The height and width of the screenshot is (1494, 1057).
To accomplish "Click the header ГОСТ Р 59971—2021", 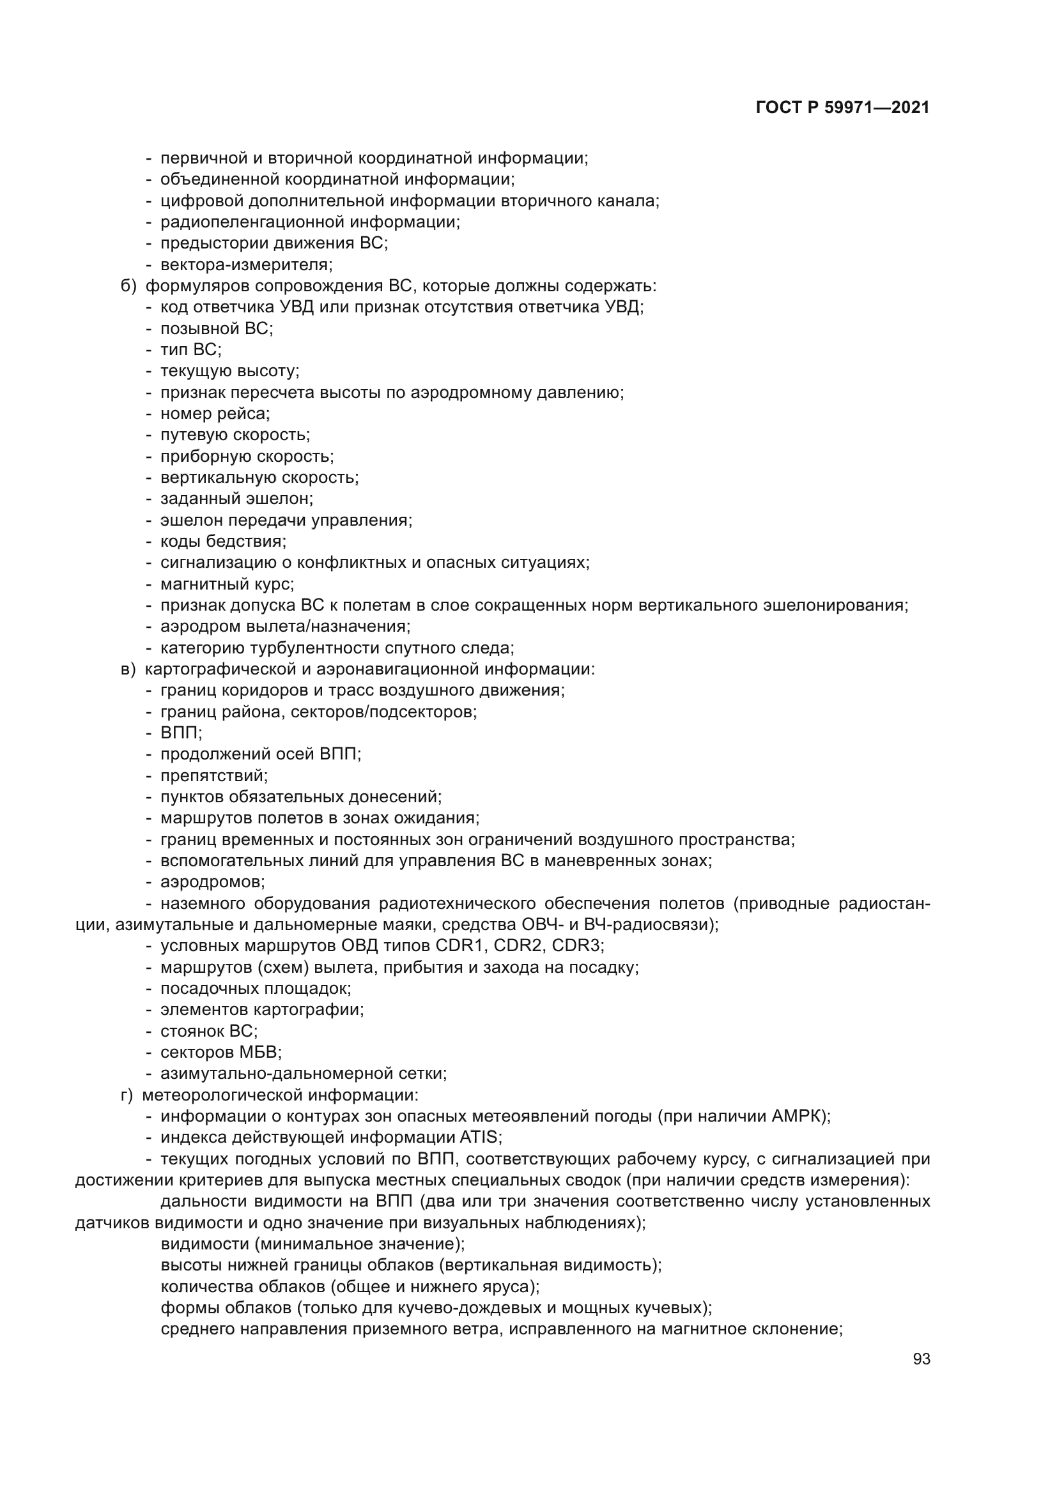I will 842,108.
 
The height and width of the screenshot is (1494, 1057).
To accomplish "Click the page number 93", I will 921,1359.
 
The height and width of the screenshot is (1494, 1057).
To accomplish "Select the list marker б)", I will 128,286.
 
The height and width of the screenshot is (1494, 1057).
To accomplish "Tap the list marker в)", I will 128,669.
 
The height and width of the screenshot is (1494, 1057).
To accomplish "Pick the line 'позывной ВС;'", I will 216,328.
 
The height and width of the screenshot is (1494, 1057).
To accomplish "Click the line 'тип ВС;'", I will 190,350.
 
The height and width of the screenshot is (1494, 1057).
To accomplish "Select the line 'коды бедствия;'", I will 222,542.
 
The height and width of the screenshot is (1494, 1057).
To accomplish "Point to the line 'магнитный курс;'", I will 226,584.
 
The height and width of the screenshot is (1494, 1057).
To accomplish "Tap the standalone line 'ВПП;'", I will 181,733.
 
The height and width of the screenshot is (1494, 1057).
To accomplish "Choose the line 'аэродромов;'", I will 212,882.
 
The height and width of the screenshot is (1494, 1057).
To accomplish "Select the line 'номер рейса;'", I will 215,414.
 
